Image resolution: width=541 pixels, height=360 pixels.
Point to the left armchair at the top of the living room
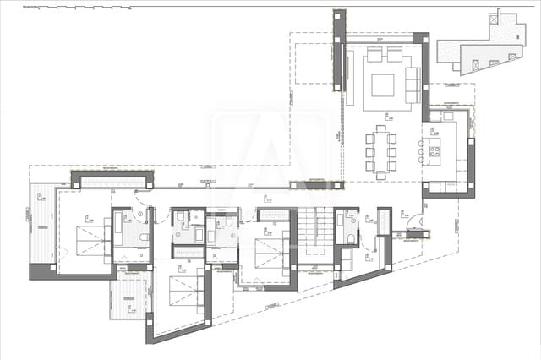374,55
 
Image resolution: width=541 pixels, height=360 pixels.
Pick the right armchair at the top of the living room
395,55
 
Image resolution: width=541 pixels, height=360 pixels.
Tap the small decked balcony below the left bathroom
127,297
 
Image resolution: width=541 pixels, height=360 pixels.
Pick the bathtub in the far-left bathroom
119,232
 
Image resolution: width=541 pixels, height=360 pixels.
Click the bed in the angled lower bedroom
180,292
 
